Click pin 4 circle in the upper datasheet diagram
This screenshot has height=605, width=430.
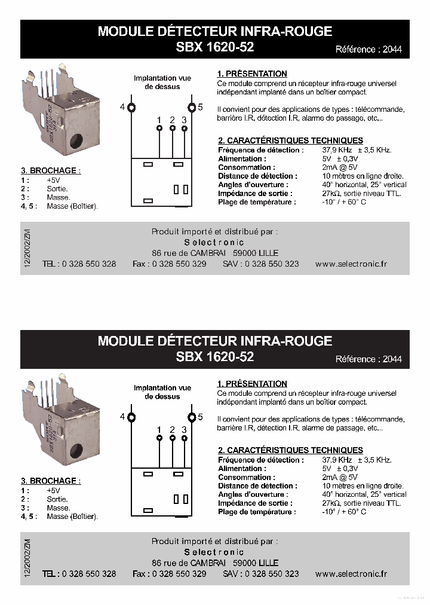[x=131, y=108]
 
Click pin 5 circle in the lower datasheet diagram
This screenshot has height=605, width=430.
[x=192, y=417]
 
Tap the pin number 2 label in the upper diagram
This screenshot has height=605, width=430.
[x=172, y=120]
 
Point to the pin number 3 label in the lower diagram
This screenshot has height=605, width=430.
[x=184, y=430]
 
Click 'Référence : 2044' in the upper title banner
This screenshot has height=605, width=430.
[x=368, y=50]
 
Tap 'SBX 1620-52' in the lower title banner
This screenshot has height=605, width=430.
[x=215, y=356]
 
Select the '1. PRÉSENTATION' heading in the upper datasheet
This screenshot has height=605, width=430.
[x=252, y=74]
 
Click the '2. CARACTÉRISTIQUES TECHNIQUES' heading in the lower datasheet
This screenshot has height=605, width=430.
[x=290, y=450]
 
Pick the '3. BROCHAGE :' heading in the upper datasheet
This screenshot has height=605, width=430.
[x=51, y=170]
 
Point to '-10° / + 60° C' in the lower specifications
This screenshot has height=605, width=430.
[x=344, y=512]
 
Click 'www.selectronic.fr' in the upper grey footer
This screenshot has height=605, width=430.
[x=351, y=264]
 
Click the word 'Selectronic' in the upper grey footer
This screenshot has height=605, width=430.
[x=214, y=242]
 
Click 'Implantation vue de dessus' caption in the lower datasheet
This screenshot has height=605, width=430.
[x=162, y=392]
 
